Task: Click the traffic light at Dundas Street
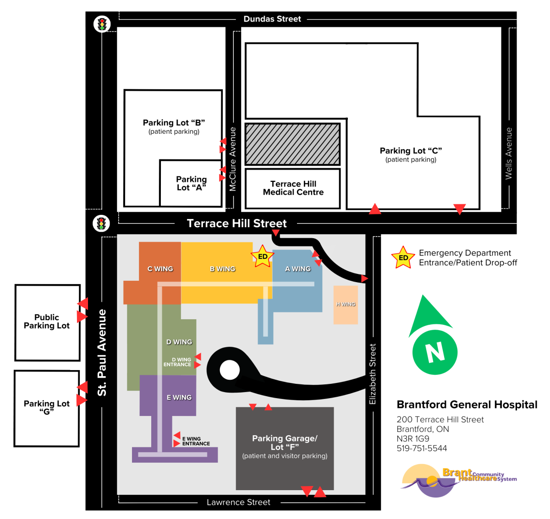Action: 102,24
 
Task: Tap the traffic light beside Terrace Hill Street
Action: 101,224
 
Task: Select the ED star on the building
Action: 263,257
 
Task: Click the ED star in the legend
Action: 403,258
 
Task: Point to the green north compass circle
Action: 434,352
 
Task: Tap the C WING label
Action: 160,269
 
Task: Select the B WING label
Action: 222,269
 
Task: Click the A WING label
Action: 298,269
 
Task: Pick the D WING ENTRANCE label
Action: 177,362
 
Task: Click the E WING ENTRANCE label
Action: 196,441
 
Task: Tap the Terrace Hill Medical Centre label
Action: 293,188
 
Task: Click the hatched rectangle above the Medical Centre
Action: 292,144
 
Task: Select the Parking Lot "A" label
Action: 191,183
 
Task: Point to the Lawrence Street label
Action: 238,503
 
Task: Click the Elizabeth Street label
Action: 373,374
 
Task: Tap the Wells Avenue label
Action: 508,153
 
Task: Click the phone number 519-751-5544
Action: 422,448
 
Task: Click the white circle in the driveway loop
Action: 230,370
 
